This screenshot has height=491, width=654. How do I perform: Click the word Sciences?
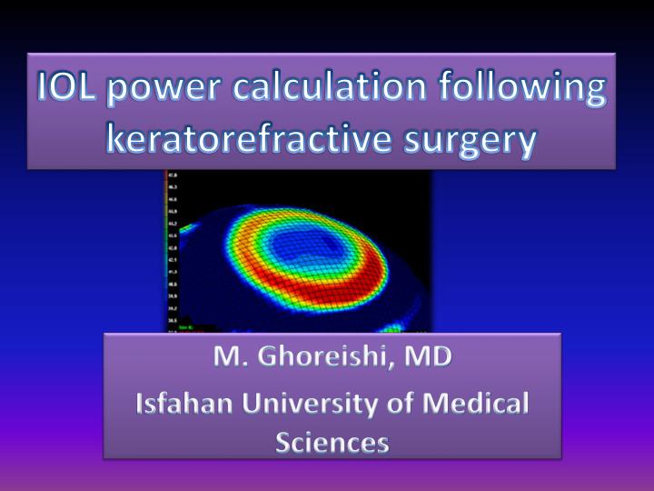(x=332, y=443)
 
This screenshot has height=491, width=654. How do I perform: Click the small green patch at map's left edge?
(x=188, y=226)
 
